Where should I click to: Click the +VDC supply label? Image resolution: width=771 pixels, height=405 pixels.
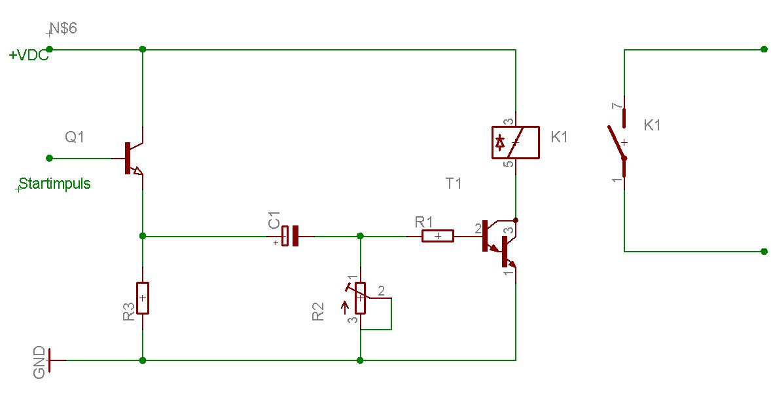[x=29, y=55]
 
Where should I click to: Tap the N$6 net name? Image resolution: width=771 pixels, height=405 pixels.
[x=63, y=28]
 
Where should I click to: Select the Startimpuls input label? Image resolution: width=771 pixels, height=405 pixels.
[x=54, y=183]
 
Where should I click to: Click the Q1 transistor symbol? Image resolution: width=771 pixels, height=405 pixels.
[x=132, y=159]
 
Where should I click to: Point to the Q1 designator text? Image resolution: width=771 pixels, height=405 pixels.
[x=74, y=136]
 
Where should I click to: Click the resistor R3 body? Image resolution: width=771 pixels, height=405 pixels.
[x=143, y=298]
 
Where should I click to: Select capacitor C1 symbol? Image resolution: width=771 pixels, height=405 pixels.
[x=290, y=236]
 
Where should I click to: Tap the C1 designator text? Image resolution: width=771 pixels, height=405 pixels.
[x=274, y=220]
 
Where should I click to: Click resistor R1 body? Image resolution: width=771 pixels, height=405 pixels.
[x=438, y=236]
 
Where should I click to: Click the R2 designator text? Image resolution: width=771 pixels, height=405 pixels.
[x=318, y=311]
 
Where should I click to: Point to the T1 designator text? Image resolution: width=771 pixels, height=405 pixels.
[x=454, y=183]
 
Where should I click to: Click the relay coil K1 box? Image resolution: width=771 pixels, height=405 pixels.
[x=516, y=142]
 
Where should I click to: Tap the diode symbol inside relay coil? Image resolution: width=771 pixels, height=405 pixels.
[x=500, y=142]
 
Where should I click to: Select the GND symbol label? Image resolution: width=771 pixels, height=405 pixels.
[x=39, y=362]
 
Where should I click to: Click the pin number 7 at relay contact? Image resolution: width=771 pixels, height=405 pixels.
[x=617, y=106]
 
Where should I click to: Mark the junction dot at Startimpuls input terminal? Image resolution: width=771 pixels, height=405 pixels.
[x=49, y=158]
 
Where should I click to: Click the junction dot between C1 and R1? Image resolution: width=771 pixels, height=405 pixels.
[x=360, y=236]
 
